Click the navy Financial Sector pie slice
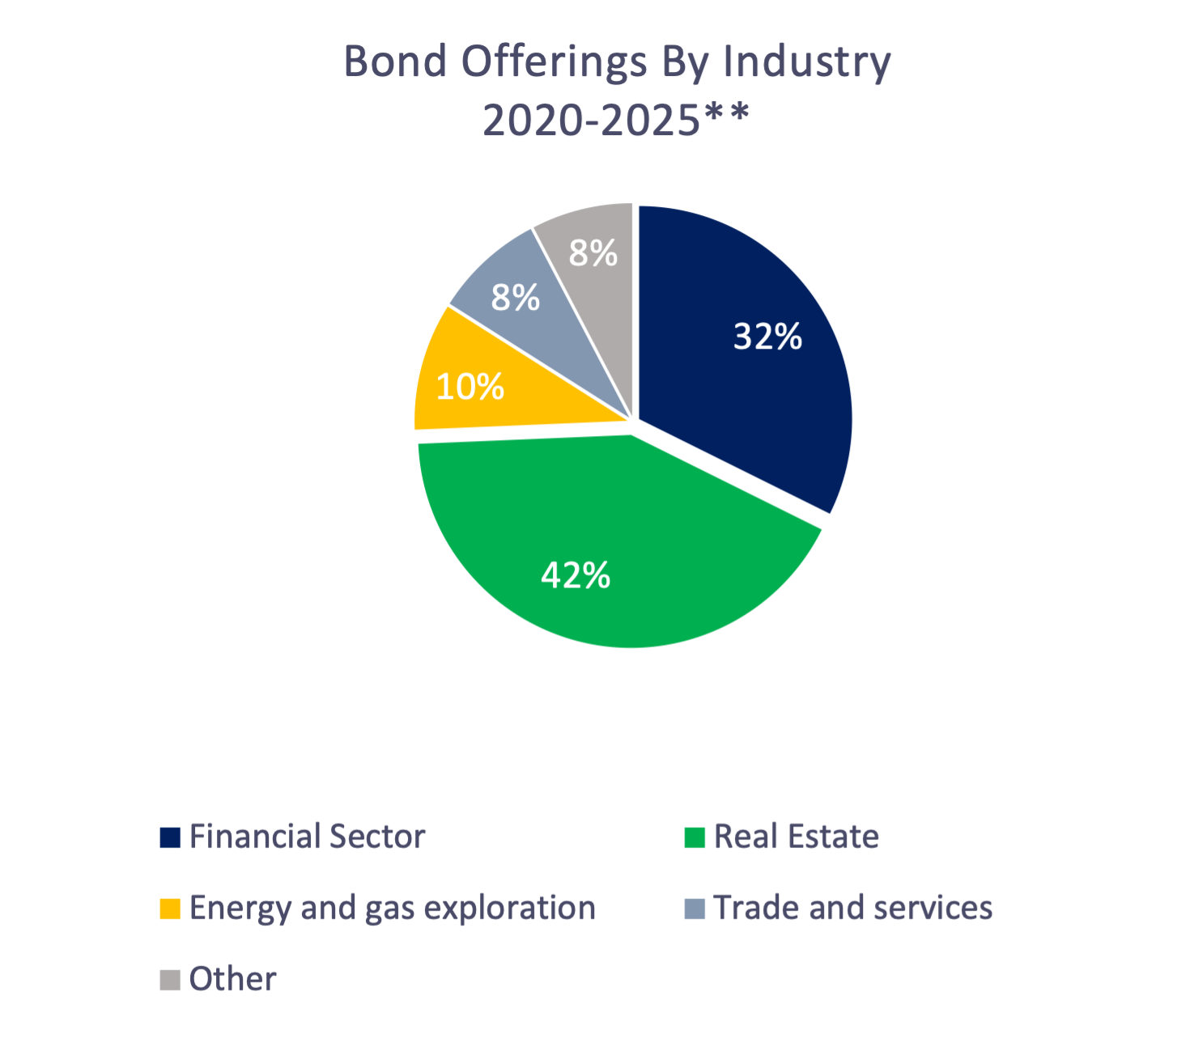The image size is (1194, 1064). (745, 388)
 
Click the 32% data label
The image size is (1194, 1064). (767, 336)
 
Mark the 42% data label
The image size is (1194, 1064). (576, 575)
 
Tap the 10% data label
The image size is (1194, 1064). (470, 387)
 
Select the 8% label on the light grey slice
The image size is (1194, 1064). (593, 253)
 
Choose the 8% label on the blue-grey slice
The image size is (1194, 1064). (515, 298)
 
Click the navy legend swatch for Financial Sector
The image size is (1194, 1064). (170, 837)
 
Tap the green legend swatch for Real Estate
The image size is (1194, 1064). (695, 837)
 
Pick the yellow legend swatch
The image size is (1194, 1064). (170, 909)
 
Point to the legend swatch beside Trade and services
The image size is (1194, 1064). (695, 909)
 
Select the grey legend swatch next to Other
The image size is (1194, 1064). (170, 980)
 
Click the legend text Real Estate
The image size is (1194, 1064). (797, 837)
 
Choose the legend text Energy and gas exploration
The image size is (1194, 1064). (393, 908)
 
